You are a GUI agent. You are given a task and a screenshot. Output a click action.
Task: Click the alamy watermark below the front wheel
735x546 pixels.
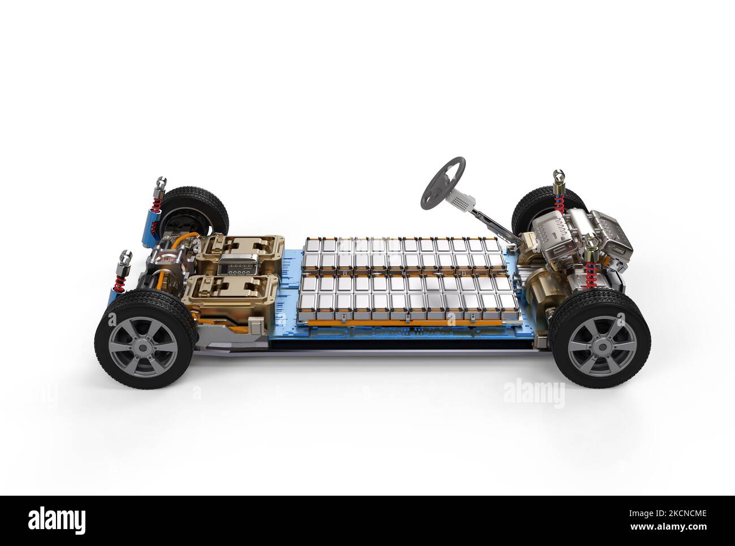(x=533, y=394)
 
